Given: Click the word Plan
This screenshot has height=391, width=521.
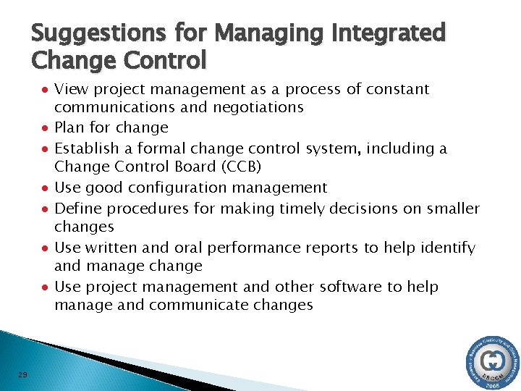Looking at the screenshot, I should click(70, 127).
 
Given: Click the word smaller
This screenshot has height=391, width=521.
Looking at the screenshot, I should click(449, 209).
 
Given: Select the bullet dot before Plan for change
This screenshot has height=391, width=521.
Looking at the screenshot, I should click(45, 128).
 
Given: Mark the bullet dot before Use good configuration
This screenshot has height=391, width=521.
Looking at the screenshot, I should click(45, 188).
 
